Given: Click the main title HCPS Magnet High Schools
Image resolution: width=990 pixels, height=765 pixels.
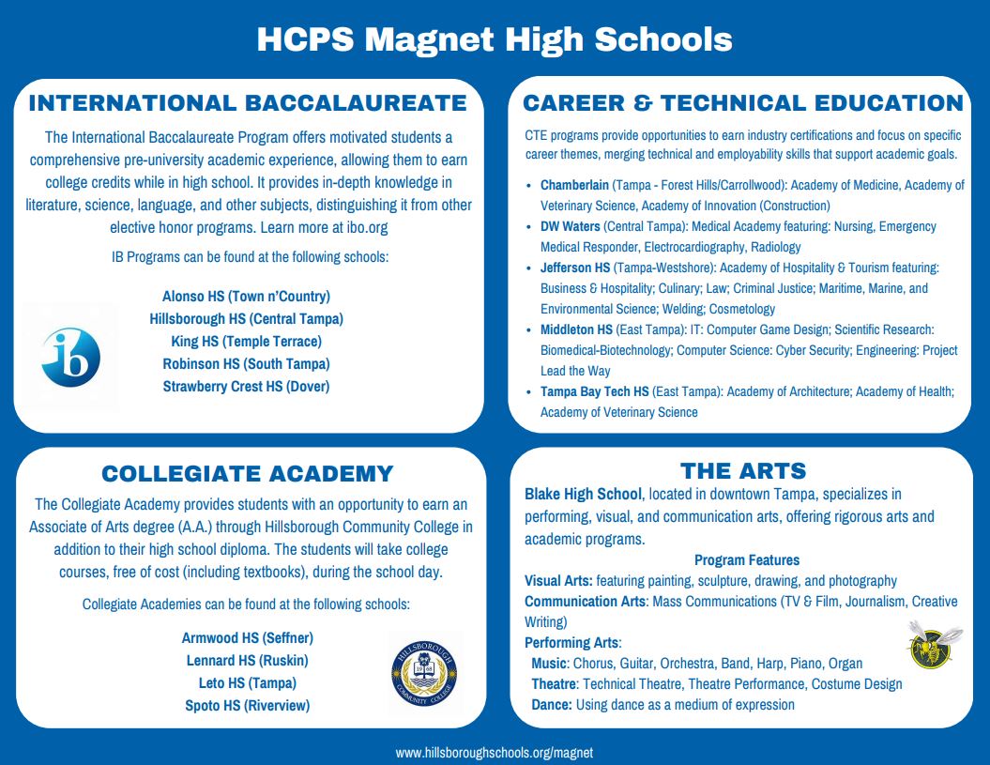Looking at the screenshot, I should (495, 39).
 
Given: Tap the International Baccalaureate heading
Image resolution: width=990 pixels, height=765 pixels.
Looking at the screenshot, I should (248, 102).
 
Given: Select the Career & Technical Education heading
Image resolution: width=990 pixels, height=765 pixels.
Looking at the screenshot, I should (743, 102).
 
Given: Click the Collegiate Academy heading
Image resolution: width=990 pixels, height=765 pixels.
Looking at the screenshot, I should (248, 472).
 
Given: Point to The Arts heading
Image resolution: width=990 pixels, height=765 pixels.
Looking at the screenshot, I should (743, 470).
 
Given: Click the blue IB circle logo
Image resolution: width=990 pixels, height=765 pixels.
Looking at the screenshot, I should (70, 358).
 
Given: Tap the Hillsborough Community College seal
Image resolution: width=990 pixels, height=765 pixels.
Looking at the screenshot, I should (424, 674).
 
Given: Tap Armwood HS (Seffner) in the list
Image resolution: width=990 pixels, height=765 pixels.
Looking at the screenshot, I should (248, 638).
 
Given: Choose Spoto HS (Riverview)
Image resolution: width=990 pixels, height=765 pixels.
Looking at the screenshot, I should (248, 705).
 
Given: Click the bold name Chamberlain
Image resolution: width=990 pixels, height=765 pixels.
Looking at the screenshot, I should (574, 185).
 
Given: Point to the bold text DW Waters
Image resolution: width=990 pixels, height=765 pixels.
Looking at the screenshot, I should (570, 226).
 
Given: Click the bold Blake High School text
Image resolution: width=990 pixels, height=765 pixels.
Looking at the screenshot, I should (583, 494).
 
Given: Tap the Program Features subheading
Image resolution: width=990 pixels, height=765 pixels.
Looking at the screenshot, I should (747, 560).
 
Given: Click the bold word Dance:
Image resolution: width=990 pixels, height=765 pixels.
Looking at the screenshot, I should (552, 704).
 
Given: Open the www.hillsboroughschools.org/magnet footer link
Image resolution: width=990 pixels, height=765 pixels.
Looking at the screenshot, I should (495, 753).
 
